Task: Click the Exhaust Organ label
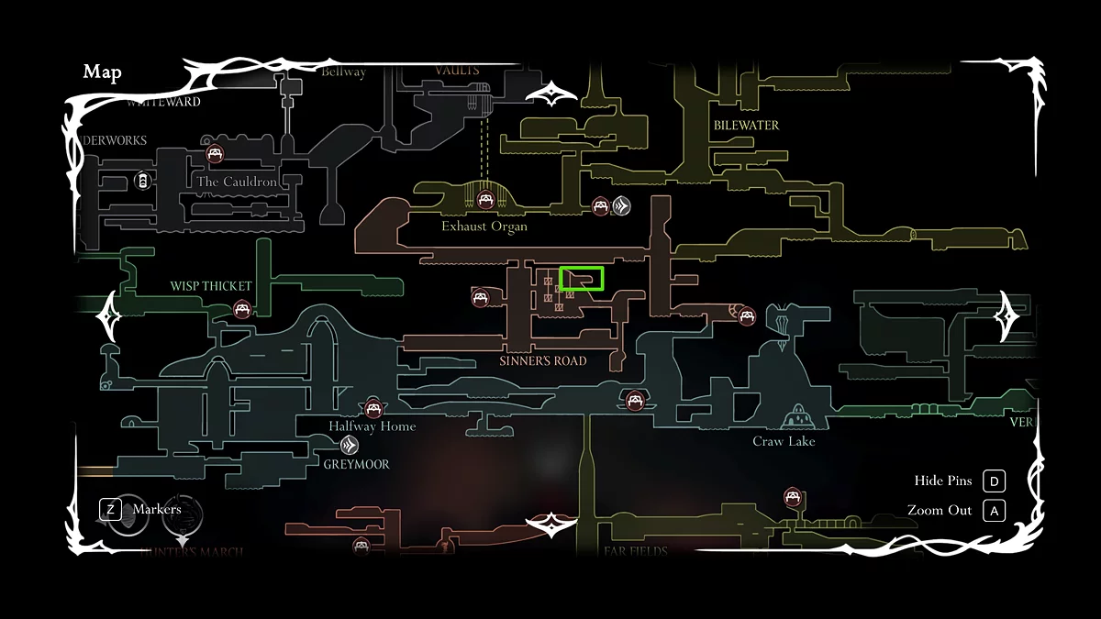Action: tap(484, 226)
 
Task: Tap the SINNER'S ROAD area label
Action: tap(543, 360)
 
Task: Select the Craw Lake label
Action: tap(784, 441)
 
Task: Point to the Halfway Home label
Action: tap(373, 426)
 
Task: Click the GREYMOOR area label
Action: tap(356, 464)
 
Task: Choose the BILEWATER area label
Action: tap(746, 126)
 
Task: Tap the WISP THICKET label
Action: tap(211, 286)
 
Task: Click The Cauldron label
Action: tap(237, 182)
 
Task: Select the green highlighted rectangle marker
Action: tap(582, 279)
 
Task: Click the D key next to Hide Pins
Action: tap(995, 481)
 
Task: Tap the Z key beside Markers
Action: tap(110, 509)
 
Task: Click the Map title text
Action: tap(102, 72)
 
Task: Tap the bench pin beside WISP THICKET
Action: tap(242, 309)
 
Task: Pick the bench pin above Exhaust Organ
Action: tap(485, 200)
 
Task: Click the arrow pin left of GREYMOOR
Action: tap(350, 446)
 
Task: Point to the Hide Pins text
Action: tap(942, 481)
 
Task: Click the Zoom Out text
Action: tap(939, 511)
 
